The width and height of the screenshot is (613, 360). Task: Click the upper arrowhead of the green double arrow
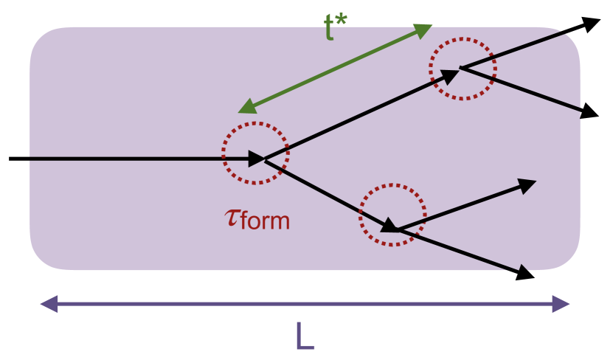tap(423, 30)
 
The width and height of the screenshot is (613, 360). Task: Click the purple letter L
tap(305, 336)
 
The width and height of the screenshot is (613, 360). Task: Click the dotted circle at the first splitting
tap(255, 153)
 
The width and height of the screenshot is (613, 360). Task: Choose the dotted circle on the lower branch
tap(392, 215)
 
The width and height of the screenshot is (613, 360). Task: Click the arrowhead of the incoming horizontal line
tap(256, 159)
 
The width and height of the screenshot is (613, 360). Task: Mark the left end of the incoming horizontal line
tap(10, 159)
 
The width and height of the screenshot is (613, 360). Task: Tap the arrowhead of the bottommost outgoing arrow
tap(525, 274)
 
